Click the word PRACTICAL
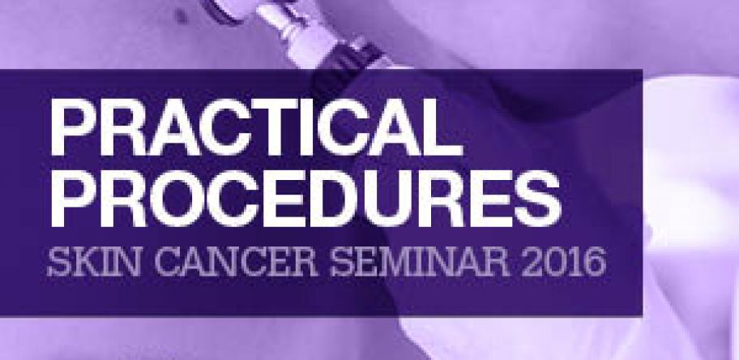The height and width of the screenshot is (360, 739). (x=257, y=128)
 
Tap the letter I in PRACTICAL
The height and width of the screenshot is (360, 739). (x=326, y=128)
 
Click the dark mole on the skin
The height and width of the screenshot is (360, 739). (x=181, y=16)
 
